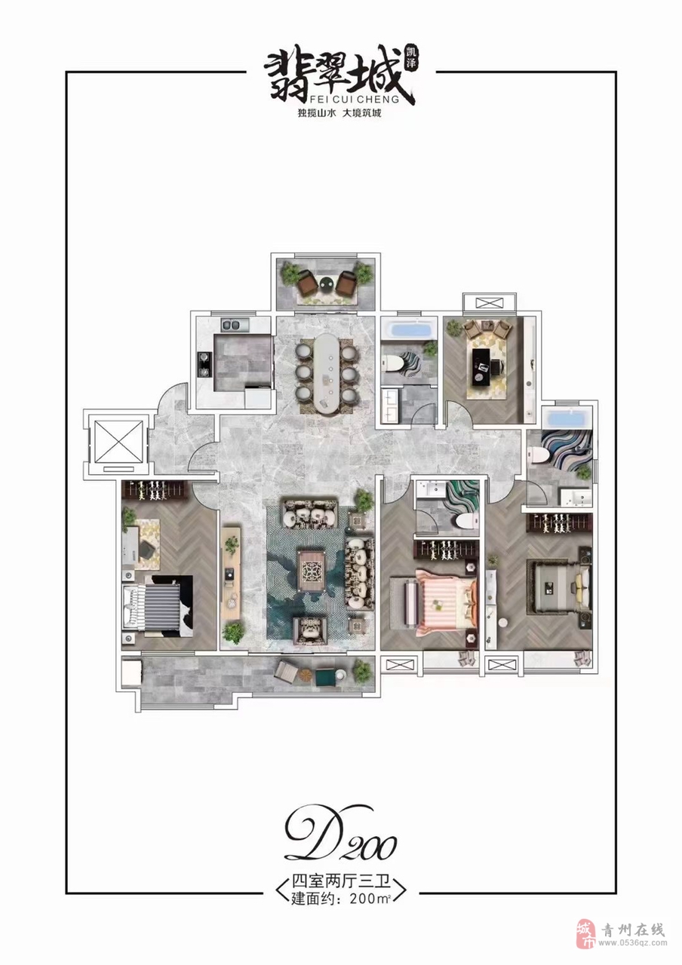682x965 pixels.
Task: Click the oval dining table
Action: (327, 373)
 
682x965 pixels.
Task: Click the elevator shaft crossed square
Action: (118, 442)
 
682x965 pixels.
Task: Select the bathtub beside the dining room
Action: (410, 331)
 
